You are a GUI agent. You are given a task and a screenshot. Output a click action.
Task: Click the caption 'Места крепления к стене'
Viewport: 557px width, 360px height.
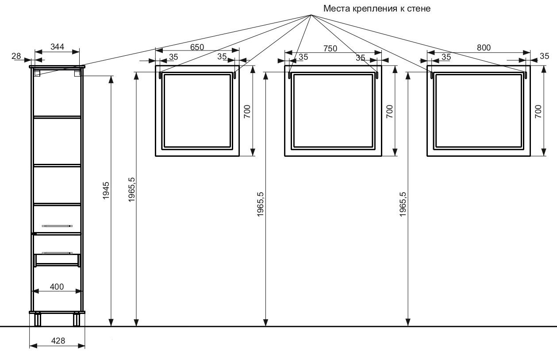coord(376,8)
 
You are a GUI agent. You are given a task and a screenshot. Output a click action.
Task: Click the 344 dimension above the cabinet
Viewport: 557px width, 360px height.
coord(58,46)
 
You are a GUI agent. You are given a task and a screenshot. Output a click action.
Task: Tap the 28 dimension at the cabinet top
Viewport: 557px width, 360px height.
coord(16,56)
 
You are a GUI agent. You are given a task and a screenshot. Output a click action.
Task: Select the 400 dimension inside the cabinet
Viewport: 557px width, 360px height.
coord(57,286)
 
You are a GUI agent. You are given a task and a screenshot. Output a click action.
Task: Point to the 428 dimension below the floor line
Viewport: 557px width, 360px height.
coord(58,341)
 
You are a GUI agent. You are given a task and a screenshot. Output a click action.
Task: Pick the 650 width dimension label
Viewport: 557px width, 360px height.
coord(197,47)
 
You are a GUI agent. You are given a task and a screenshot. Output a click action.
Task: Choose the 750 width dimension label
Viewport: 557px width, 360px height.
coord(330,48)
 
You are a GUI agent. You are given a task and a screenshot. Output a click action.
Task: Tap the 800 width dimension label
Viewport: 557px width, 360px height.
coord(484,47)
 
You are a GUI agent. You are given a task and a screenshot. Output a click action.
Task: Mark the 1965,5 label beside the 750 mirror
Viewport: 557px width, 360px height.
coord(260,204)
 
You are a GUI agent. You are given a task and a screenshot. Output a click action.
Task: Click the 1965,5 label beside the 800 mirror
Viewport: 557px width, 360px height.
coord(403,204)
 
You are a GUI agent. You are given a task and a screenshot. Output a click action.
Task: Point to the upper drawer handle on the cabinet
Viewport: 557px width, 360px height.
coord(57,226)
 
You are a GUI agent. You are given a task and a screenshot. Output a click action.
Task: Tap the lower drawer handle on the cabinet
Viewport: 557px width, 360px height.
coord(57,253)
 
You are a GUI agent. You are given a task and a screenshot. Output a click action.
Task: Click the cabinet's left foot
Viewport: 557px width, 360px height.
coord(38,319)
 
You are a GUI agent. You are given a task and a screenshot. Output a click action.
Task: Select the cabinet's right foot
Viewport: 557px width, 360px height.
coord(77,319)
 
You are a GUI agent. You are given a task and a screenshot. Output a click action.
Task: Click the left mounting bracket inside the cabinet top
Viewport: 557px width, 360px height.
coord(37,73)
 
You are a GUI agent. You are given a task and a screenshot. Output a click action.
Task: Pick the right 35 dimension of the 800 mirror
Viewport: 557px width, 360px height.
coord(545,56)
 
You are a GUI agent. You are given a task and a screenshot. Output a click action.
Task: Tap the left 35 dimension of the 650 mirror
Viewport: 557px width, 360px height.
coord(173,57)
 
